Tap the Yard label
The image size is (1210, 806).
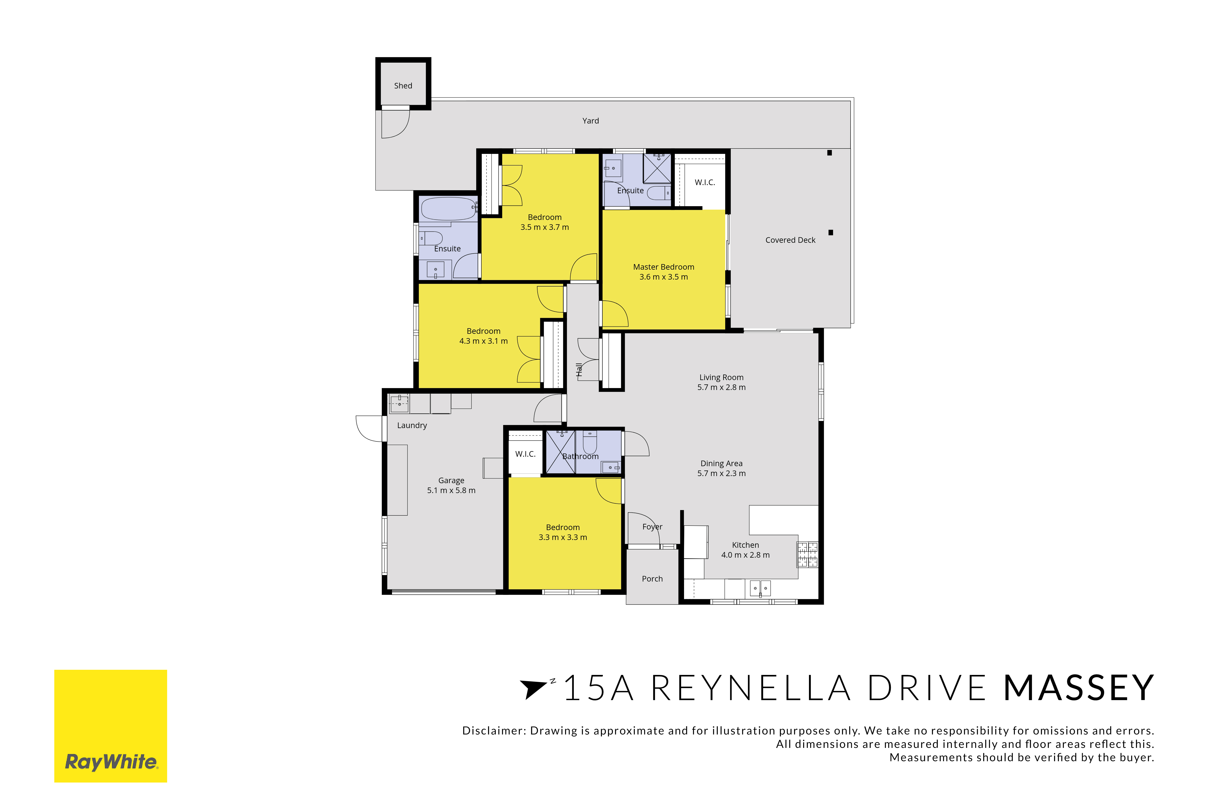[x=591, y=121]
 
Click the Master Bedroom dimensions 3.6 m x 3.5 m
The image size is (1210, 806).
[x=664, y=277]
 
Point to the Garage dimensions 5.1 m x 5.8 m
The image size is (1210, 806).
[x=451, y=490]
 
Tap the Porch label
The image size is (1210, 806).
[x=652, y=579]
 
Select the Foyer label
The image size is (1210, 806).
[x=652, y=527]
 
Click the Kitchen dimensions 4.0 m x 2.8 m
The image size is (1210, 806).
[x=745, y=555]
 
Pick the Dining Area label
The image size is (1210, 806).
[x=721, y=464]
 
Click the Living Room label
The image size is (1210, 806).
[x=721, y=377]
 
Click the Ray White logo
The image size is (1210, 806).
[x=111, y=726]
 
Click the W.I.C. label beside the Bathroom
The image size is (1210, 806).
[x=525, y=454]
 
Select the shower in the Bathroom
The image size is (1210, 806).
[x=560, y=452]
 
